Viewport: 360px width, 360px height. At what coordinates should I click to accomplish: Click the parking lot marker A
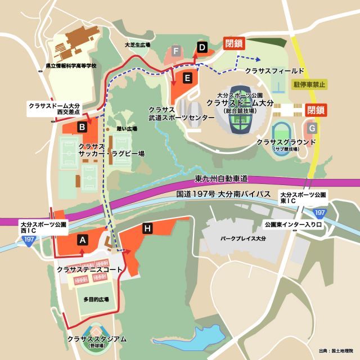click(83, 240)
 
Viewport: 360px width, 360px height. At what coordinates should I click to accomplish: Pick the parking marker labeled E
click(187, 77)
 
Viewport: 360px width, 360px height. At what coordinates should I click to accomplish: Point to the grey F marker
click(177, 51)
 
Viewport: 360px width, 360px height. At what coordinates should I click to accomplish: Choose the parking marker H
click(147, 228)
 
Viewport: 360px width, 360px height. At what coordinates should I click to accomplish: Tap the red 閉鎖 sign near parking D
click(235, 43)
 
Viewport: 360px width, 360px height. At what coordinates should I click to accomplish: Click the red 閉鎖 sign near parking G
click(316, 110)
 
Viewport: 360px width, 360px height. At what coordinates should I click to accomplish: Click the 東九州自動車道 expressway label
click(221, 179)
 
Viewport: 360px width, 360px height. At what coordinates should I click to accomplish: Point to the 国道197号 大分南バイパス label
click(224, 195)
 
